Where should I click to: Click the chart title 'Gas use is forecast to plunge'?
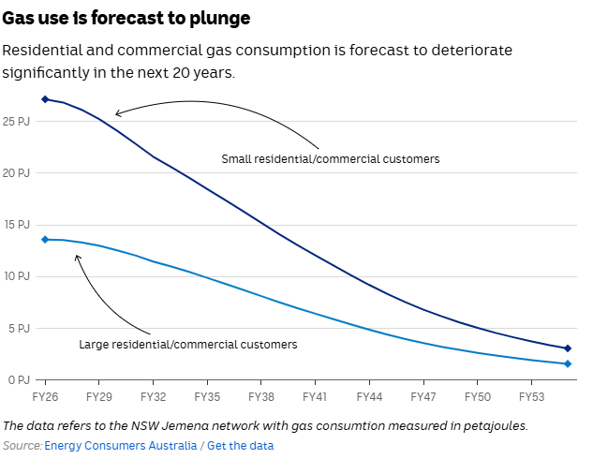(126, 19)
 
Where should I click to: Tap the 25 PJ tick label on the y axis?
(17, 122)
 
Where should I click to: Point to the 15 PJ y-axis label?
(17, 225)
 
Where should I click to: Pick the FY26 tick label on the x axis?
(45, 397)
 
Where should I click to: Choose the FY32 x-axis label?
(153, 397)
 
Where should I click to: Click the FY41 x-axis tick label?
(315, 397)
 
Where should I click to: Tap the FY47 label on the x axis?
(423, 397)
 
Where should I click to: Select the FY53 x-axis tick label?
(531, 397)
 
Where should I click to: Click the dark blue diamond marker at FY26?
(45, 98)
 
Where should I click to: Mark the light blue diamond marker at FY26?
(45, 239)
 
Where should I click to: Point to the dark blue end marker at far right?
(568, 348)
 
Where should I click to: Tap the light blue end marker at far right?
(568, 363)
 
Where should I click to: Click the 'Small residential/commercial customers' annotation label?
(330, 159)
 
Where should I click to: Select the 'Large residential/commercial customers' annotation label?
(187, 345)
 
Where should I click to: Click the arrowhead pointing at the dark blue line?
(117, 115)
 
